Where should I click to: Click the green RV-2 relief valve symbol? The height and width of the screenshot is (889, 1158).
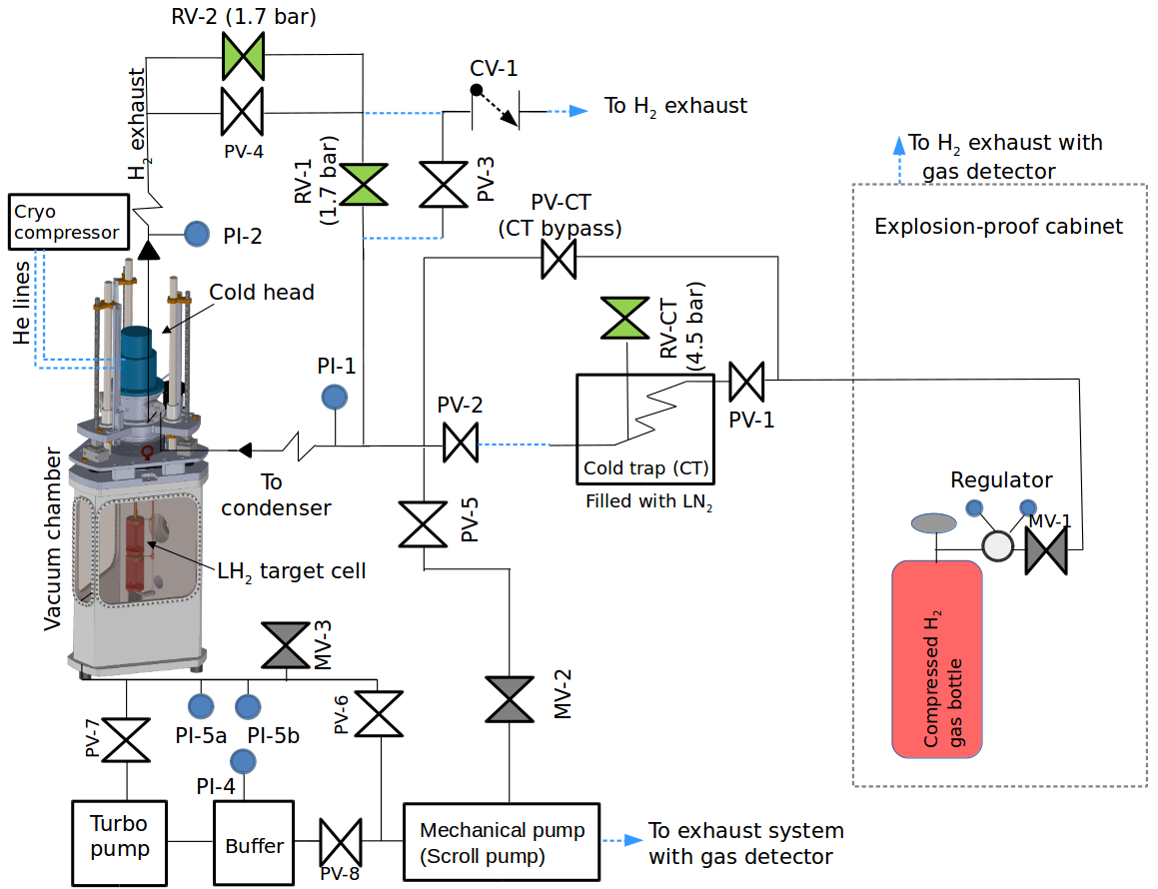(242, 56)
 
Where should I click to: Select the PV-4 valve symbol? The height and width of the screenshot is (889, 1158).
(242, 112)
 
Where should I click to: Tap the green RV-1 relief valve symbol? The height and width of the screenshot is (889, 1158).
(363, 185)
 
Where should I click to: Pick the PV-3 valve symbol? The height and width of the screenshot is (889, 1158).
(441, 185)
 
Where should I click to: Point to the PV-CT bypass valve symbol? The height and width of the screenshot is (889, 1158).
(559, 261)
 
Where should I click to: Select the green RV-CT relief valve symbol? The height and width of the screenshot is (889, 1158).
(626, 320)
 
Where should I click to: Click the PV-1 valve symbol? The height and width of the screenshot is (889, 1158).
(746, 380)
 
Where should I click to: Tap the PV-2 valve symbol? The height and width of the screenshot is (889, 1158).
(460, 443)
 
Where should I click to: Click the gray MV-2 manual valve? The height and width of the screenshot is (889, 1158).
(510, 699)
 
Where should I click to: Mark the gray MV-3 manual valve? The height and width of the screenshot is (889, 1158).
(286, 645)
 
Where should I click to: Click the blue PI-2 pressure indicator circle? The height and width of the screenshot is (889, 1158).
(198, 235)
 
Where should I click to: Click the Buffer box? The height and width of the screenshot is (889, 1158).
(255, 844)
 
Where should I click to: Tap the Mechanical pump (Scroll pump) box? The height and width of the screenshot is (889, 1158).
(502, 842)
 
